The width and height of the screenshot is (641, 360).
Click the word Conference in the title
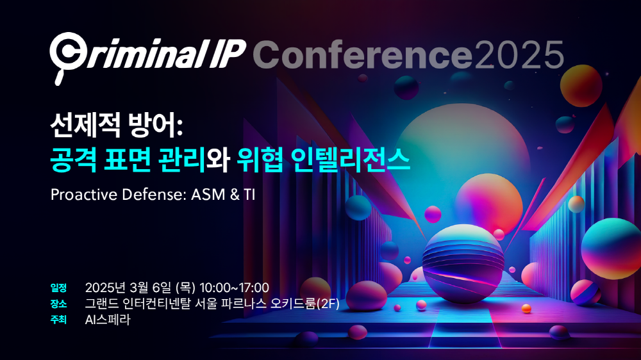[x=363, y=54]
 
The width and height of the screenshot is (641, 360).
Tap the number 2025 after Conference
[x=519, y=54]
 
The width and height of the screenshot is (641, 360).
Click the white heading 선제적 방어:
[x=116, y=126]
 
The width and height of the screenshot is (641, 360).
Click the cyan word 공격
[x=74, y=160]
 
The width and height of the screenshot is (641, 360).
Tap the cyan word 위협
[x=260, y=160]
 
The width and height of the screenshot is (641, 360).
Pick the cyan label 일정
[x=58, y=288]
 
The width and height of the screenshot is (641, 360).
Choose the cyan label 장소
[x=58, y=304]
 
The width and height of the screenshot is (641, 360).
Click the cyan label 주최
[x=58, y=320]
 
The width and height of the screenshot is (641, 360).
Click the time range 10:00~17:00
[x=234, y=288]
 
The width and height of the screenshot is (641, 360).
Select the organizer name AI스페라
[x=108, y=320]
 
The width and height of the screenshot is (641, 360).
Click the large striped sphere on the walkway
[x=463, y=265]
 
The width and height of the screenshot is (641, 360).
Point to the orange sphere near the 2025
[x=581, y=86]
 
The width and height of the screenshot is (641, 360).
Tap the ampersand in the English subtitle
[x=235, y=195]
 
